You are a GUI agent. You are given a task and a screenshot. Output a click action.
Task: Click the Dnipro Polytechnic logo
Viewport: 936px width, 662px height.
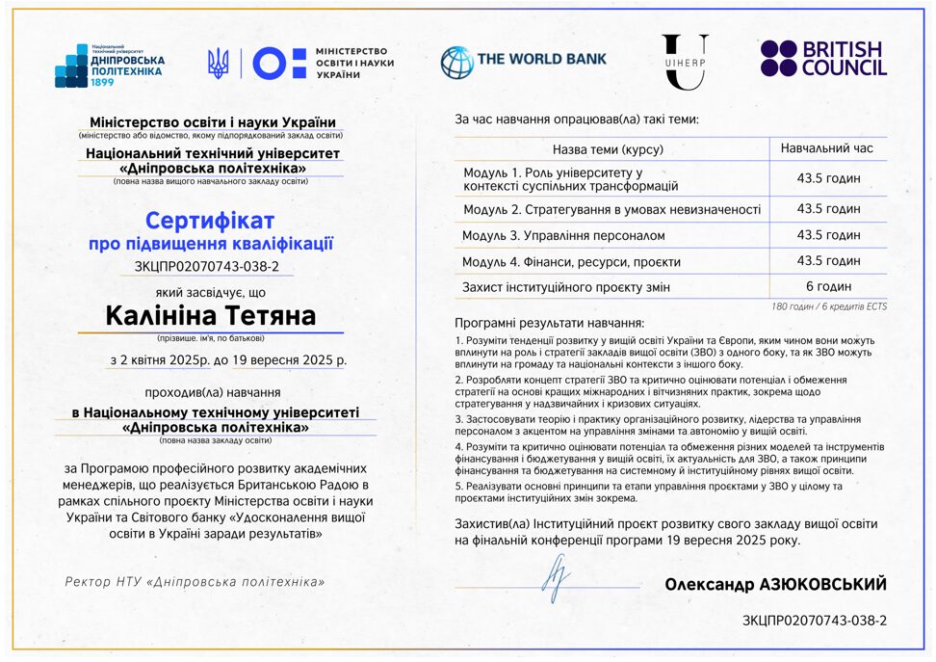109,65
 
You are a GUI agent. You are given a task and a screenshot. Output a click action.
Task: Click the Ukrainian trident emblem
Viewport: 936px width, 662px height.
219,64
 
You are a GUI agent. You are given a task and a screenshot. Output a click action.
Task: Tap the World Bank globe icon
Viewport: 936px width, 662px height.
456,62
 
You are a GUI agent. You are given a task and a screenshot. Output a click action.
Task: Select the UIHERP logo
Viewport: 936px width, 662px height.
685,61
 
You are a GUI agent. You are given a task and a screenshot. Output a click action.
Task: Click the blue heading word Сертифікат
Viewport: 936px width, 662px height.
210,221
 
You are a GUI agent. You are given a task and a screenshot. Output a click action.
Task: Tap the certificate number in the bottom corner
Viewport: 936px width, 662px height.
815,621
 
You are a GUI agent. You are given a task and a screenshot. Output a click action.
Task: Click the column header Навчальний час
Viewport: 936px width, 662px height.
827,148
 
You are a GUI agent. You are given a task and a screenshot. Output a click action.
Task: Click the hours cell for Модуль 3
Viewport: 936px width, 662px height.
828,235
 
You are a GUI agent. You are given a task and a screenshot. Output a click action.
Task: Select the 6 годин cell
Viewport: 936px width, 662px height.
828,286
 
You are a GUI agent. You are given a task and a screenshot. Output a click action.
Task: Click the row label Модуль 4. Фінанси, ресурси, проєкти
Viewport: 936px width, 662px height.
571,261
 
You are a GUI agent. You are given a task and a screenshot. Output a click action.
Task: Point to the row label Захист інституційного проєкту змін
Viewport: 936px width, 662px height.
566,287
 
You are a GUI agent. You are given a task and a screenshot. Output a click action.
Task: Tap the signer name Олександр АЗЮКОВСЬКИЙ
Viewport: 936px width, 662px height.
775,585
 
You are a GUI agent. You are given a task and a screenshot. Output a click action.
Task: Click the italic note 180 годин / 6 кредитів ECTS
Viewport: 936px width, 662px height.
829,306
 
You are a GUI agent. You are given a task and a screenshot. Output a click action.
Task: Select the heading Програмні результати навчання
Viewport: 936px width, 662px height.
549,324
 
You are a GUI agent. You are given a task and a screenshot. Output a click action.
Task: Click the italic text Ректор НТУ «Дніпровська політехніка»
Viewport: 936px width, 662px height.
195,582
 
